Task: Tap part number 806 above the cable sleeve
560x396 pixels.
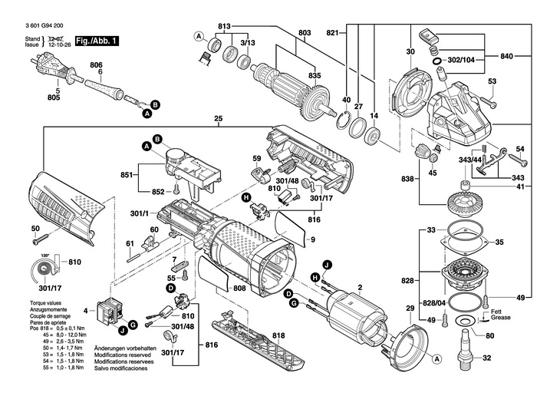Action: click(95, 64)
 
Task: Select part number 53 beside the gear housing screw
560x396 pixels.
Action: click(492, 81)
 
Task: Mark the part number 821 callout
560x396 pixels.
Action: click(332, 35)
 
